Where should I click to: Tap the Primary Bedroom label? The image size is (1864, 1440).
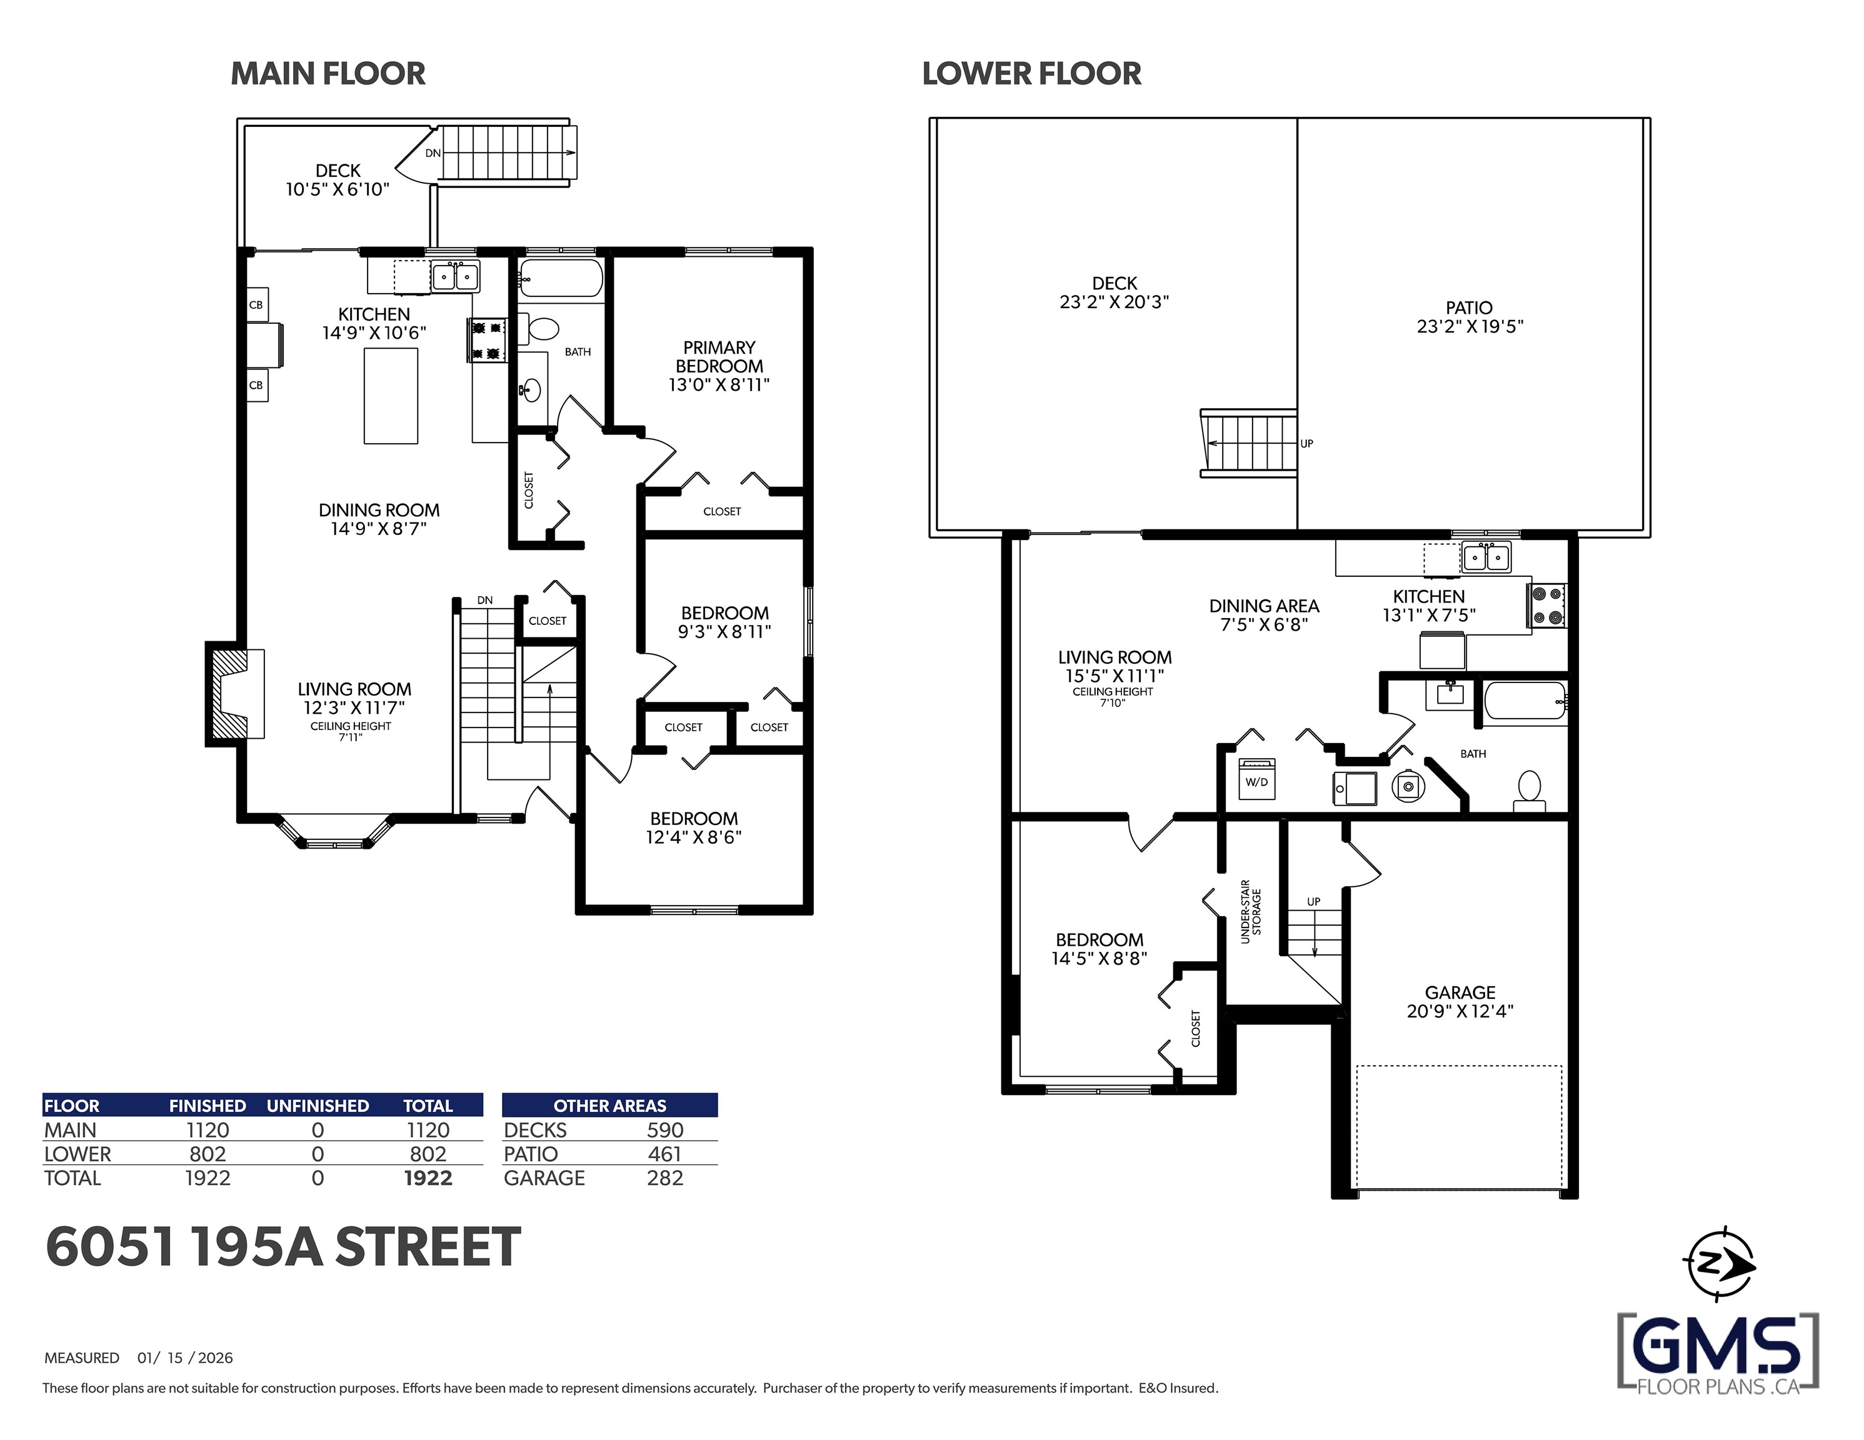pyautogui.click(x=719, y=366)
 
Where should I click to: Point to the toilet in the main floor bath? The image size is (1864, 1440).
pyautogui.click(x=542, y=327)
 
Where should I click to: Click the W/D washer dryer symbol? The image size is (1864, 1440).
pyautogui.click(x=1256, y=779)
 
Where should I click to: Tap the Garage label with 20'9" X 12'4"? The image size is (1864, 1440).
pyautogui.click(x=1460, y=1001)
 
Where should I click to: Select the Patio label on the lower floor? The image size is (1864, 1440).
pyautogui.click(x=1470, y=317)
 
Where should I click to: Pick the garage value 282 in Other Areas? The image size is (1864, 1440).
pyautogui.click(x=665, y=1178)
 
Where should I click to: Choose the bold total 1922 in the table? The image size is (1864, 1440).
pyautogui.click(x=428, y=1178)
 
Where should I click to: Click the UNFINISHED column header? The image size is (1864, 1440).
pyautogui.click(x=318, y=1106)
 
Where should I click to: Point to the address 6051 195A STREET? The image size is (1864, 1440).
pyautogui.click(x=283, y=1246)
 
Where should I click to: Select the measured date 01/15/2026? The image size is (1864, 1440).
pyautogui.click(x=185, y=1358)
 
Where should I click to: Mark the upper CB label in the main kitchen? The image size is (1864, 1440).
pyautogui.click(x=255, y=305)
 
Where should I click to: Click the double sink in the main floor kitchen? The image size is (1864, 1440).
pyautogui.click(x=455, y=276)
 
